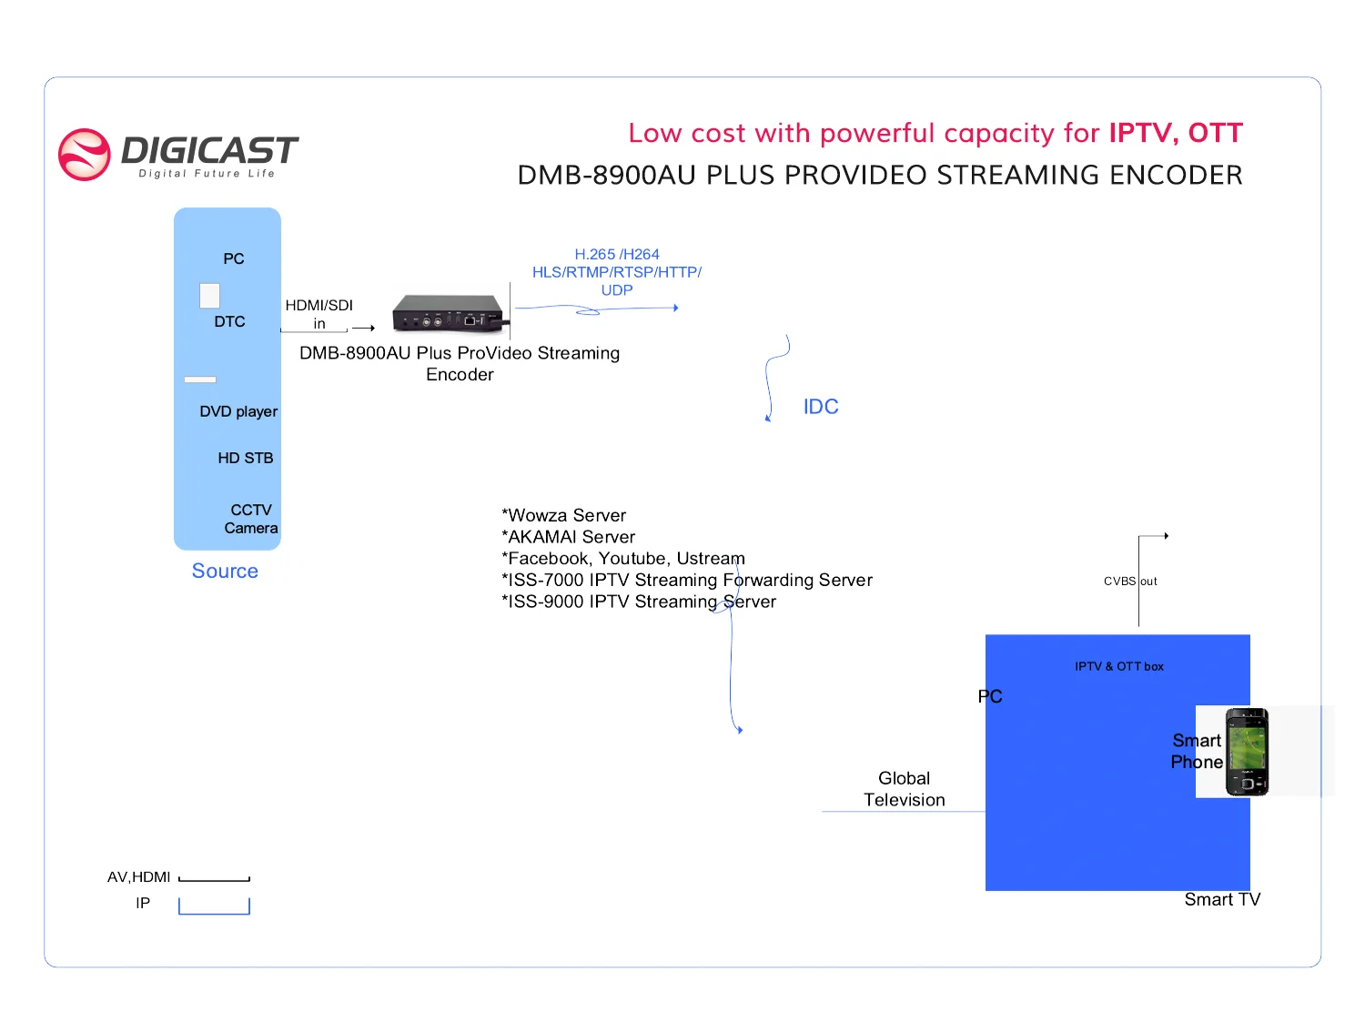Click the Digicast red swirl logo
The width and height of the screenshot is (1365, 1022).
tap(85, 155)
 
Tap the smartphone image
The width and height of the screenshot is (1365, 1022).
tap(1246, 752)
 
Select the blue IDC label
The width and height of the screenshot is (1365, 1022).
tap(821, 407)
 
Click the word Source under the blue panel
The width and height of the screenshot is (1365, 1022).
tap(225, 571)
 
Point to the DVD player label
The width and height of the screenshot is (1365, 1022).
tap(238, 411)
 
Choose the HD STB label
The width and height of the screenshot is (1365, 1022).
tap(246, 458)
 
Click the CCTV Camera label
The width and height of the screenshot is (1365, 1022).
tap(251, 519)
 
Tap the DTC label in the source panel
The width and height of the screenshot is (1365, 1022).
tap(229, 321)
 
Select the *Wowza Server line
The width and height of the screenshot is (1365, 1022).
tap(563, 515)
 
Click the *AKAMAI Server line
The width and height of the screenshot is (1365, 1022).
tap(568, 537)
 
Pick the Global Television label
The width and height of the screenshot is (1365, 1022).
tap(904, 789)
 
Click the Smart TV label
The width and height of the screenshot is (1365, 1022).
tap(1222, 899)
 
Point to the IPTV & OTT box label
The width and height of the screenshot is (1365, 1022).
tap(1118, 666)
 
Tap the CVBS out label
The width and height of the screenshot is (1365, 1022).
tap(1130, 581)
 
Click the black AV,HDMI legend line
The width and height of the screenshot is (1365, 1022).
tap(214, 880)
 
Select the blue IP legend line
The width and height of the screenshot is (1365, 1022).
tap(214, 912)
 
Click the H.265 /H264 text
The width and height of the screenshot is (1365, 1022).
tap(616, 254)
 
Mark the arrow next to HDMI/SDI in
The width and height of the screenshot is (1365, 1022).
tap(364, 328)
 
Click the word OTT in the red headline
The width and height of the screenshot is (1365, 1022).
tap(1215, 133)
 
